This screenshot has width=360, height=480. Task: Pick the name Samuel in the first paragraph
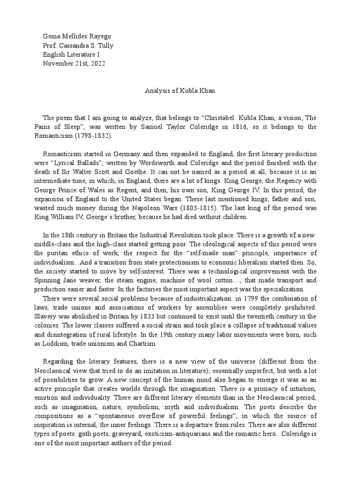[142, 127]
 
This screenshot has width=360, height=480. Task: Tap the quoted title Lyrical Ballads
[74, 163]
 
